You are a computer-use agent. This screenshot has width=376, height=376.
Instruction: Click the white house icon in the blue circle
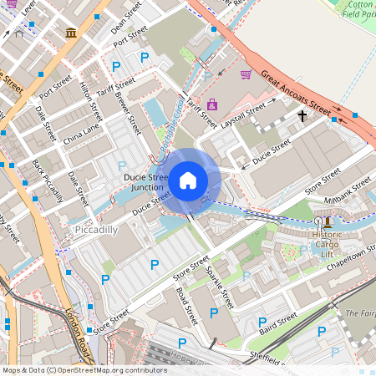(x=188, y=180)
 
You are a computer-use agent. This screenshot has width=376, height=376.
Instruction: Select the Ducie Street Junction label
(x=146, y=183)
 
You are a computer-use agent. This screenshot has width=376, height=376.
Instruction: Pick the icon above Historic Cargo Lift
(x=327, y=221)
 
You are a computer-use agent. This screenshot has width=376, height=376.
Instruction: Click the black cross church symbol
(x=302, y=117)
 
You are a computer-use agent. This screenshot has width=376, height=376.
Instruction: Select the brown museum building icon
(x=71, y=33)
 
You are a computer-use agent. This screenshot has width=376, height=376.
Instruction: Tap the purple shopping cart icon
(x=246, y=74)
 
